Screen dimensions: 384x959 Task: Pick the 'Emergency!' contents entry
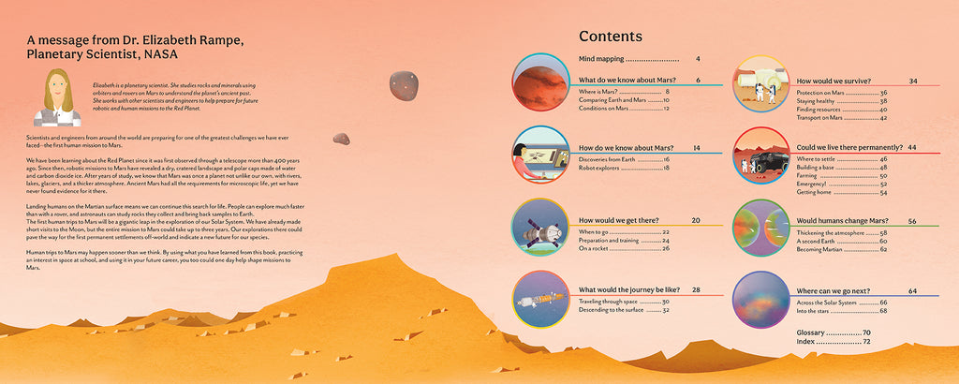tap(814, 184)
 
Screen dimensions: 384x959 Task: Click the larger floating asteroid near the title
tap(404, 85)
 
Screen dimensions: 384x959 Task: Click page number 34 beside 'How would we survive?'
tap(912, 81)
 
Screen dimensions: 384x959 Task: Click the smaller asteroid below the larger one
tap(341, 139)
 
